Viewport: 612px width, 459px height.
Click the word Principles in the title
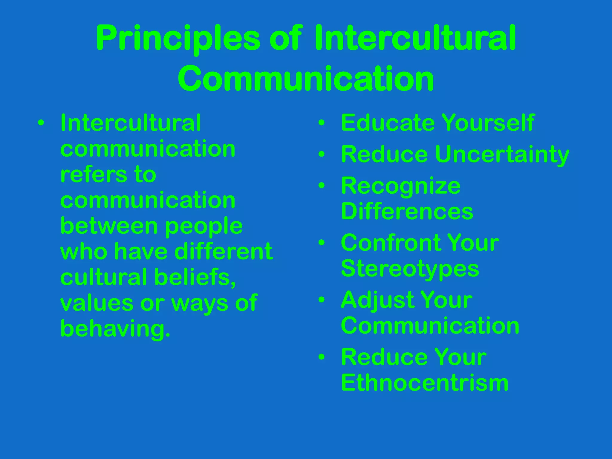click(x=178, y=39)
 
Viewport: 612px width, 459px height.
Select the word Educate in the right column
click(x=388, y=123)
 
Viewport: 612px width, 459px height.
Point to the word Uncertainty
click(x=502, y=155)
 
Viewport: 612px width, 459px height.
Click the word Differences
click(x=407, y=212)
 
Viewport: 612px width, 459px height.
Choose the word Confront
click(x=388, y=243)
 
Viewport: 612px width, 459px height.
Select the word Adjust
click(x=377, y=300)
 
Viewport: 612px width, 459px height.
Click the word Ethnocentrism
click(x=425, y=383)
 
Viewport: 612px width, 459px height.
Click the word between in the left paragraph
click(x=109, y=226)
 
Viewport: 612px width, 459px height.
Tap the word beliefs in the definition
click(x=195, y=277)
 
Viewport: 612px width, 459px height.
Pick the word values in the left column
click(x=97, y=303)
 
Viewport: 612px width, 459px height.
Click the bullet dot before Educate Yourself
click(x=322, y=123)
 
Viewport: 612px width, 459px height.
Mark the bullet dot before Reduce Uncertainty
click(x=322, y=154)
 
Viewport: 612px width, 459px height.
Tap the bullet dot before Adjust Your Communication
click(x=322, y=300)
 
